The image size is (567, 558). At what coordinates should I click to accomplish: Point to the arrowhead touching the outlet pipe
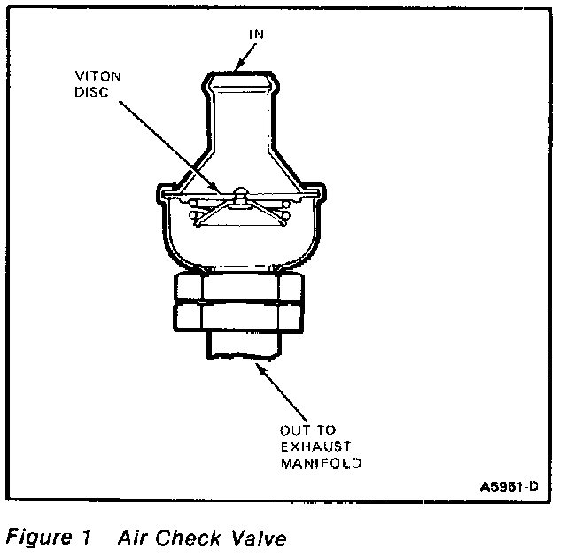[257, 364]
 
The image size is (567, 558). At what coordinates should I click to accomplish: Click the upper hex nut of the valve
[238, 288]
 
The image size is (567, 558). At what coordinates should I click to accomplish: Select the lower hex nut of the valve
[238, 317]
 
